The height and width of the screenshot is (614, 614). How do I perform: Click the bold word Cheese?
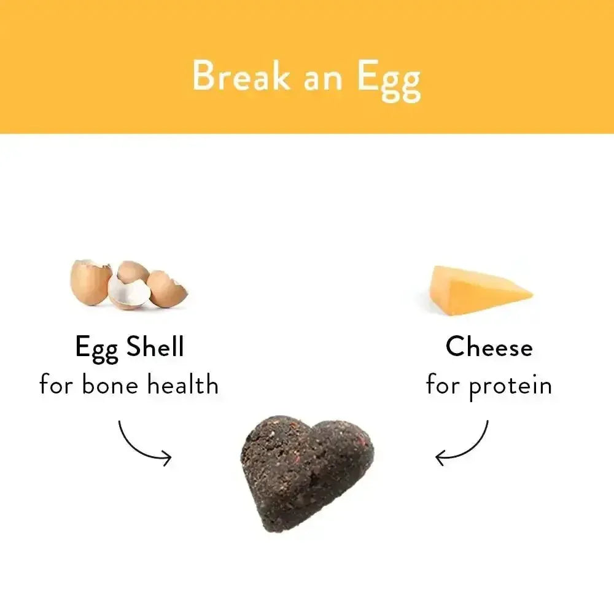tap(489, 347)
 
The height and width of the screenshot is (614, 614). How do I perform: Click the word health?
tap(182, 385)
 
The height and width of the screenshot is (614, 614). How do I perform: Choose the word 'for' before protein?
tap(444, 385)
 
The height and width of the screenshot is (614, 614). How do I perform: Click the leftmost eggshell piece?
tap(90, 282)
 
